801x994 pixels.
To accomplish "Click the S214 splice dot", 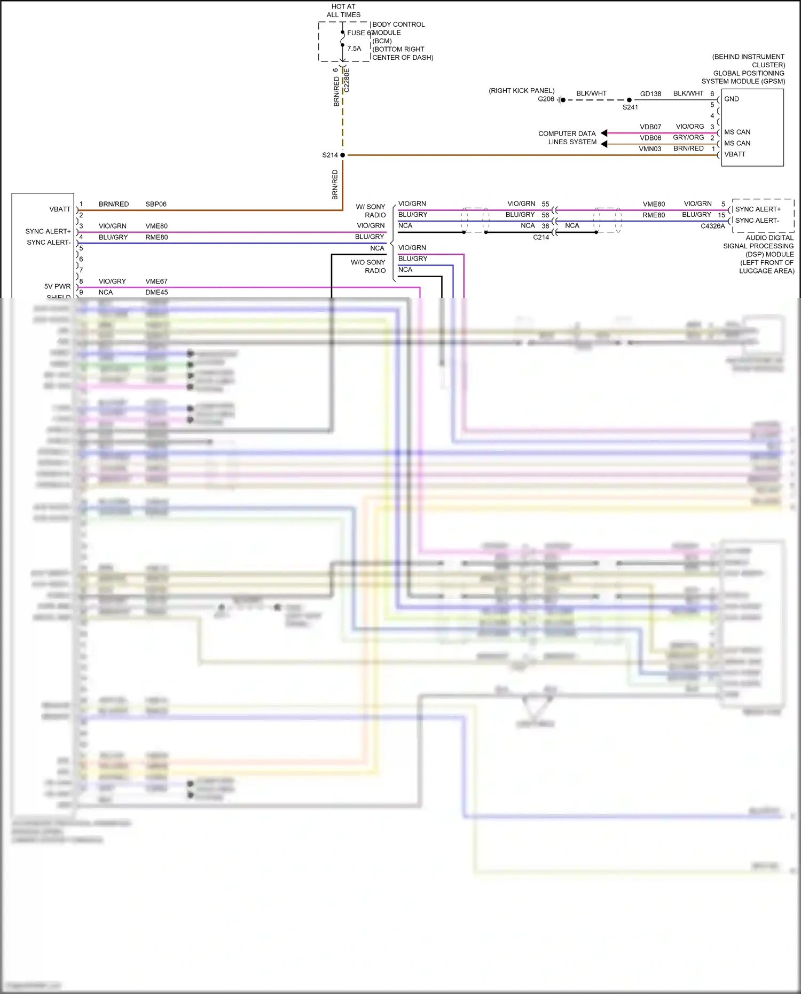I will [342, 155].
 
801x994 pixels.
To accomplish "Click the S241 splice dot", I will [629, 100].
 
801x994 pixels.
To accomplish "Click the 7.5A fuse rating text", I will [354, 49].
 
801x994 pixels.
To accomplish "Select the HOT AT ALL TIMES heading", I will [343, 11].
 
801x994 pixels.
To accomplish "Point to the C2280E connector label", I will [347, 80].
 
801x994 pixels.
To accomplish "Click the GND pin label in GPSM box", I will [731, 99].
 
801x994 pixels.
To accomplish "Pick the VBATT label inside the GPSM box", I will [734, 154].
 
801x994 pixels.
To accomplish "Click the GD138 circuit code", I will [650, 94].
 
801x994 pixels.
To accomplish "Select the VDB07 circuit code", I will [650, 127].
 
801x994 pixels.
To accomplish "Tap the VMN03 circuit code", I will [649, 149].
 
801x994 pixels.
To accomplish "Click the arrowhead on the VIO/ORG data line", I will [604, 133].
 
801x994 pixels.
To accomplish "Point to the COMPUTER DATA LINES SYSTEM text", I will [567, 138].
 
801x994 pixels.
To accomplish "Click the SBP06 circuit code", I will [156, 204].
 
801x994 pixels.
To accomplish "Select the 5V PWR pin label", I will [57, 286].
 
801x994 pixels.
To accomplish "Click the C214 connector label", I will [540, 237].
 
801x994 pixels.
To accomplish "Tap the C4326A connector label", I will [712, 226].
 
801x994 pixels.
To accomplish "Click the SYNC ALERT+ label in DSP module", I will [757, 209].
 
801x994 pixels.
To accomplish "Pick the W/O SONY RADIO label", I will [368, 267].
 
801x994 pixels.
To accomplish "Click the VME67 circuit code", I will [156, 281].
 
